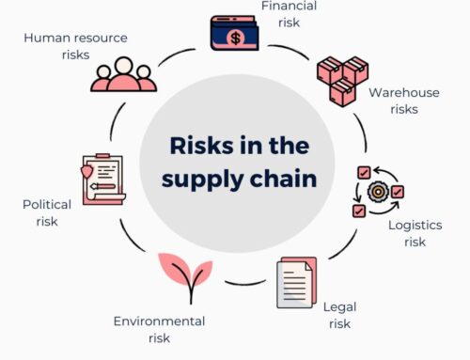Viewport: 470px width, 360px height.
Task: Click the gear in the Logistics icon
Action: (378, 191)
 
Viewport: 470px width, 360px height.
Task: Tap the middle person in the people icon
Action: (123, 70)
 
